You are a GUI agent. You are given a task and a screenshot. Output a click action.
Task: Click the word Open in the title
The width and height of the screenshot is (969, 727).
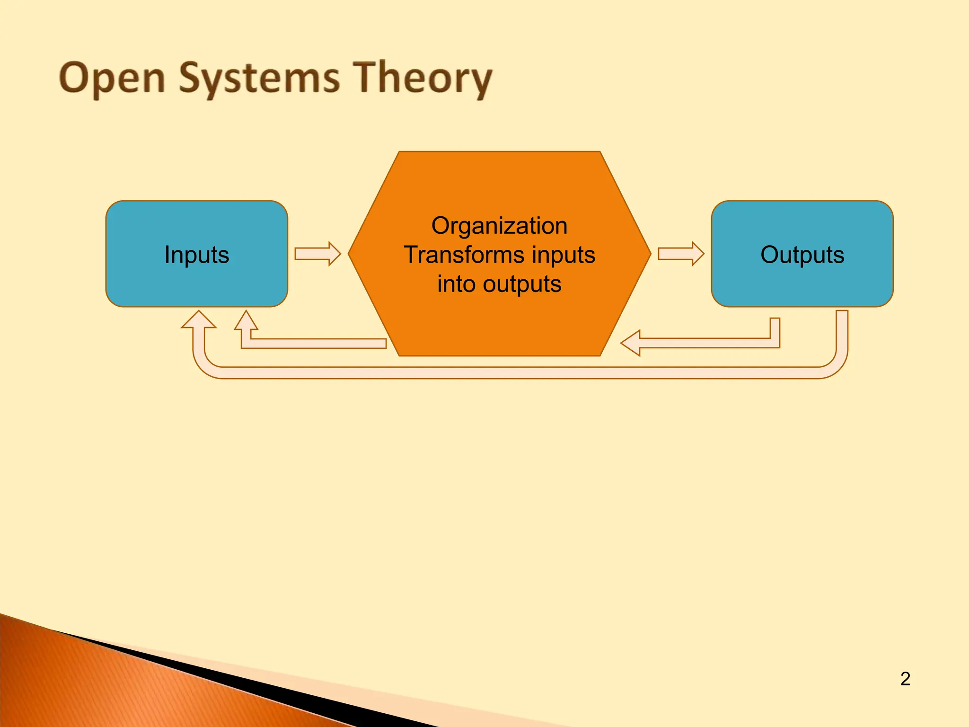click(x=112, y=78)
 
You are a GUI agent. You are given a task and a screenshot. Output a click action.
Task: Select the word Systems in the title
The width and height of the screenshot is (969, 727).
click(x=259, y=78)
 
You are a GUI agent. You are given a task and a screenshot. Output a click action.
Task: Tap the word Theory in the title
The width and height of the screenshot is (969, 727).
click(x=423, y=78)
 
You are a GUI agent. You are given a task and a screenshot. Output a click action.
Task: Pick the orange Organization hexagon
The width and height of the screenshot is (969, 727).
click(x=499, y=327)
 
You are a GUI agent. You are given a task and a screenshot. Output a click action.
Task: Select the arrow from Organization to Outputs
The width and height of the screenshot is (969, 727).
click(x=680, y=254)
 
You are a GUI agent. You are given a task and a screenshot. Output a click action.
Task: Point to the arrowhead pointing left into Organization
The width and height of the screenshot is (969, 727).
click(x=631, y=343)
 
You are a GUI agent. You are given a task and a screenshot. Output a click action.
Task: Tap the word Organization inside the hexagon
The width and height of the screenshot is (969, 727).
click(x=499, y=226)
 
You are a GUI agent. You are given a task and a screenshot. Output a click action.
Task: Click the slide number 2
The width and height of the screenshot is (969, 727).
click(x=905, y=679)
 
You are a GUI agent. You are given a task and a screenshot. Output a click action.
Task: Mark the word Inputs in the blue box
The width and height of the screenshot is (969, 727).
click(x=196, y=255)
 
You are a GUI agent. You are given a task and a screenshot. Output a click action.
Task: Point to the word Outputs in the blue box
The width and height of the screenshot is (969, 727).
click(x=802, y=255)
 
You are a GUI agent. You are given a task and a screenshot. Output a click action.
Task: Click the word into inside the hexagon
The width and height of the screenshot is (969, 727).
click(x=456, y=284)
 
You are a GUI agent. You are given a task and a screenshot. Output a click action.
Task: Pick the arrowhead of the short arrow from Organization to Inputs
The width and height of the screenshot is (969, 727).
click(x=246, y=320)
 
